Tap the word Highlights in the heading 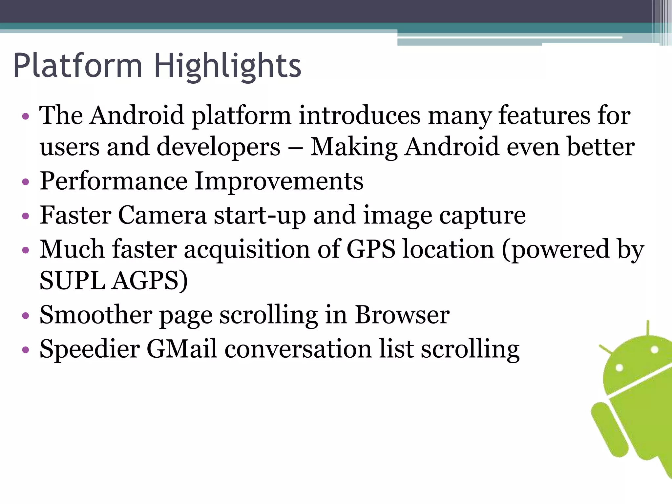coord(227,67)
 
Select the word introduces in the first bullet coord(359,115)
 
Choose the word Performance coord(113,181)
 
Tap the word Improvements coord(279,181)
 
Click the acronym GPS coord(371,249)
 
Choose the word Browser coord(402,315)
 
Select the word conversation coord(298,348)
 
